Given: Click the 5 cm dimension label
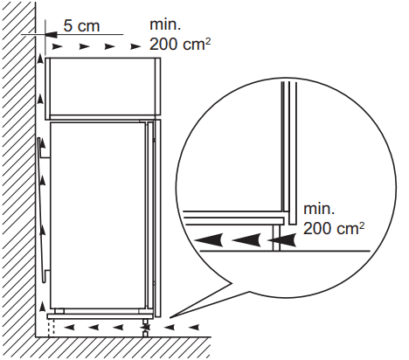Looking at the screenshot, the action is point(81,26).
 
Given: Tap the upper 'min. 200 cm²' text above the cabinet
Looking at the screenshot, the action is point(180,35).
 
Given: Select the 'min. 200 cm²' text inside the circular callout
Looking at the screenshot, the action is point(334,219).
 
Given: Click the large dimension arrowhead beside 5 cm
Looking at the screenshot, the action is point(52,34).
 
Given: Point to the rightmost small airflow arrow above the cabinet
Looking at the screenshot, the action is point(135,46).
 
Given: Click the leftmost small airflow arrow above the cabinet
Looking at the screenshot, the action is point(57,46).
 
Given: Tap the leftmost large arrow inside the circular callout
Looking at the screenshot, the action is point(209,240).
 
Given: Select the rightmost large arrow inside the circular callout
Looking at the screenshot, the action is point(282,240).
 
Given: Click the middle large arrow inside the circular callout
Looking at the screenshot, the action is point(246,240).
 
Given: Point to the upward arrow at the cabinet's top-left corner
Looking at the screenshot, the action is point(40,59).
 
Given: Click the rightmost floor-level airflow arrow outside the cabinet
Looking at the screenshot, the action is point(194,328).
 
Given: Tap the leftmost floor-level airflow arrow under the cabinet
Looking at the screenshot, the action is point(69,328).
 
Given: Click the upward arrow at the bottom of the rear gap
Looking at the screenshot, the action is point(43,307).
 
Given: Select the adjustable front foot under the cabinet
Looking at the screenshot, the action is point(145,328).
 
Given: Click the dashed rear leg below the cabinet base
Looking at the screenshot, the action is point(52,329).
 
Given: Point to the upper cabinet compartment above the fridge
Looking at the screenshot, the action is point(103,87).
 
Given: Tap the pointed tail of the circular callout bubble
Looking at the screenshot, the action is point(172,316).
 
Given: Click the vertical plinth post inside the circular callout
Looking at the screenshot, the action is point(276,238).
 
